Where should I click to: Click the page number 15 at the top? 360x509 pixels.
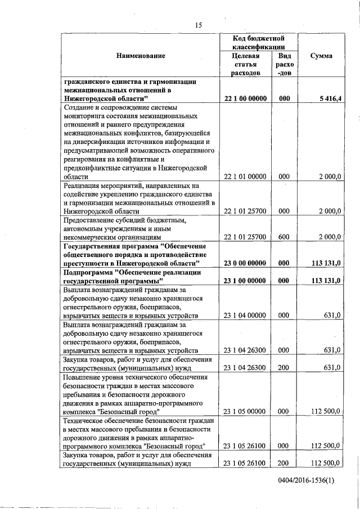pyautogui.click(x=198, y=25)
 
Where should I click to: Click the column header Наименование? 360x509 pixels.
pyautogui.click(x=141, y=56)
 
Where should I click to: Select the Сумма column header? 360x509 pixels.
pyautogui.click(x=321, y=56)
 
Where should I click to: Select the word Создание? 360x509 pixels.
pyautogui.click(x=79, y=107)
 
